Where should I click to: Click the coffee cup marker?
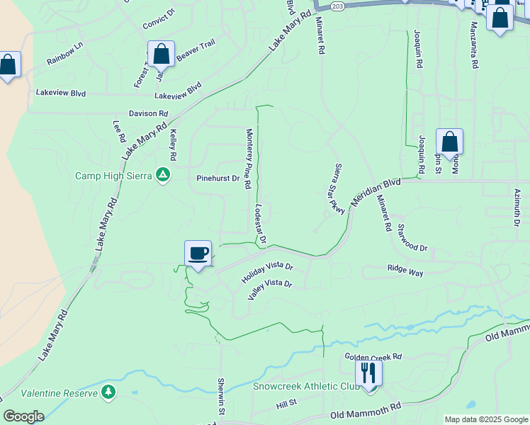click(x=198, y=254)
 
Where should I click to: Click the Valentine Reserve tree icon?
click(x=108, y=392)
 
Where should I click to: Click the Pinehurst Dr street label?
click(x=218, y=178)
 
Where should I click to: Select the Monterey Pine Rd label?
click(x=249, y=159)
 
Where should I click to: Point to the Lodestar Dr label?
click(x=260, y=224)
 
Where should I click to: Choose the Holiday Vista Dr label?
click(x=266, y=271)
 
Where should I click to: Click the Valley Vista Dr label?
click(x=270, y=288)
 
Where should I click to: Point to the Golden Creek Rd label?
click(x=373, y=357)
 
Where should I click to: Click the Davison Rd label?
click(x=148, y=113)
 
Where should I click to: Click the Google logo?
click(x=23, y=416)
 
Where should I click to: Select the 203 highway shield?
click(x=337, y=6)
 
